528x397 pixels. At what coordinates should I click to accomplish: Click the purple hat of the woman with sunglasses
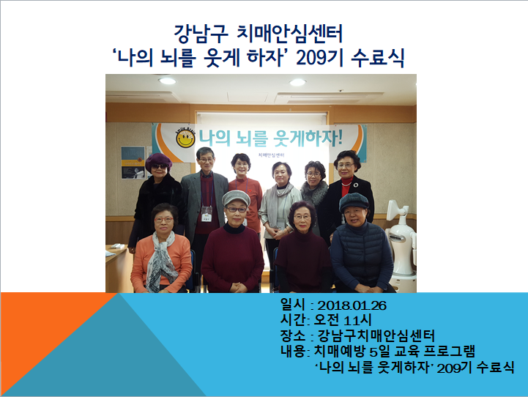[x=157, y=159]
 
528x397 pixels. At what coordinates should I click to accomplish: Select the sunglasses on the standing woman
[x=157, y=168]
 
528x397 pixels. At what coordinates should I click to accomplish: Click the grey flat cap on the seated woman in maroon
[x=236, y=198]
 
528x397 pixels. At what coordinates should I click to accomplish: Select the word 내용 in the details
[x=292, y=352]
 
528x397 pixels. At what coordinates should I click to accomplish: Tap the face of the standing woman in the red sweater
[x=241, y=166]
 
